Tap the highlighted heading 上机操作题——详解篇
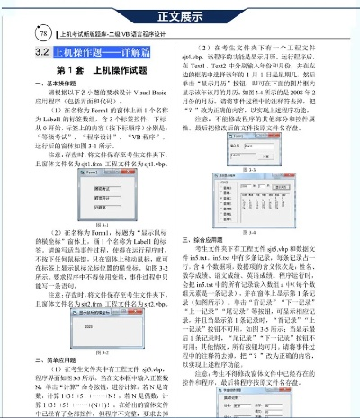click(100, 53)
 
